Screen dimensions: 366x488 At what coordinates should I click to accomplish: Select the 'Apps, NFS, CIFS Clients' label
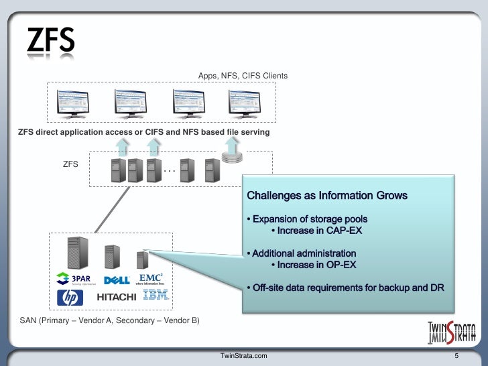(243, 76)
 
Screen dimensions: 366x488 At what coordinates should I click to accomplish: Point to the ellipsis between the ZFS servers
(169, 171)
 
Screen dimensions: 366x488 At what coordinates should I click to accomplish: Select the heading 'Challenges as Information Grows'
(326, 196)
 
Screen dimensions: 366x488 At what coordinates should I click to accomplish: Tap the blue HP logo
(70, 297)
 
